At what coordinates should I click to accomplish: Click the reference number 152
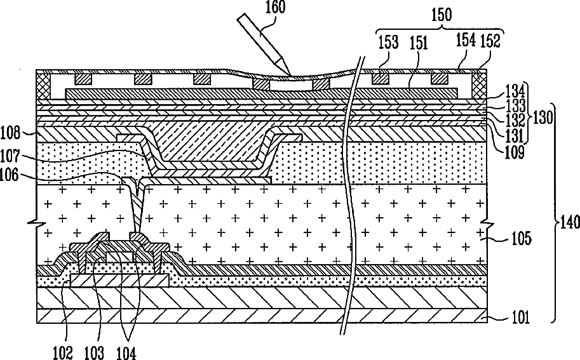[x=491, y=42]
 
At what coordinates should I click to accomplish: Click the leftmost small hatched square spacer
[x=83, y=79]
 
